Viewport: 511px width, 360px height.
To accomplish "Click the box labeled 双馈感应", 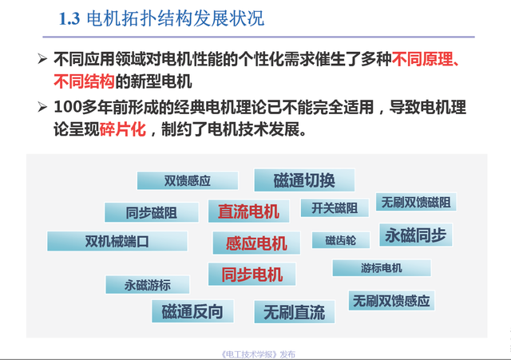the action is (188, 180).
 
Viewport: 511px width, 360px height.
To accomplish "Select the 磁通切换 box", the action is (304, 180).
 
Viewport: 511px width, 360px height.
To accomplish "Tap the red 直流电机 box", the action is (248, 211).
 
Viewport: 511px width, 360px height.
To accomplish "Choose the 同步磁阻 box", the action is (152, 212).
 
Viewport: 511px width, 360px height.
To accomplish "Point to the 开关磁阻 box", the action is (335, 208).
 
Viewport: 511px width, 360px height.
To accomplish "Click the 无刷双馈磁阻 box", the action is (416, 202).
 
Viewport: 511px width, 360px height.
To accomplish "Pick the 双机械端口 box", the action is (117, 241).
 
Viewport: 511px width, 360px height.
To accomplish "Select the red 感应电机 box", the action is (256, 243).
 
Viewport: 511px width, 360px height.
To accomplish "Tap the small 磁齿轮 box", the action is (341, 240).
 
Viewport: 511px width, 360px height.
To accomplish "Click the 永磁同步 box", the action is (416, 235).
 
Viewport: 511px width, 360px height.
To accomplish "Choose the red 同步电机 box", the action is (252, 274).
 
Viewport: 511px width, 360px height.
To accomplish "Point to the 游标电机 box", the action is (382, 267).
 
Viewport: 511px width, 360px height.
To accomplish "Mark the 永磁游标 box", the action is (147, 285).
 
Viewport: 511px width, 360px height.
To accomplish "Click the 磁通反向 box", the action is (192, 311).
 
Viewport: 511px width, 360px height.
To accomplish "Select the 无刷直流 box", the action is (295, 312).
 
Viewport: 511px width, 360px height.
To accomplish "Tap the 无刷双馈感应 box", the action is (391, 300).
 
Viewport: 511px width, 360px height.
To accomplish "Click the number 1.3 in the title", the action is (69, 18).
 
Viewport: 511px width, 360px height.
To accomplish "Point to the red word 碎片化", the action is (122, 129).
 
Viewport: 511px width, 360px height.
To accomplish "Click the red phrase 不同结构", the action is (84, 81).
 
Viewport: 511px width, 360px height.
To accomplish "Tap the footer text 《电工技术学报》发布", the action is (258, 354).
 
